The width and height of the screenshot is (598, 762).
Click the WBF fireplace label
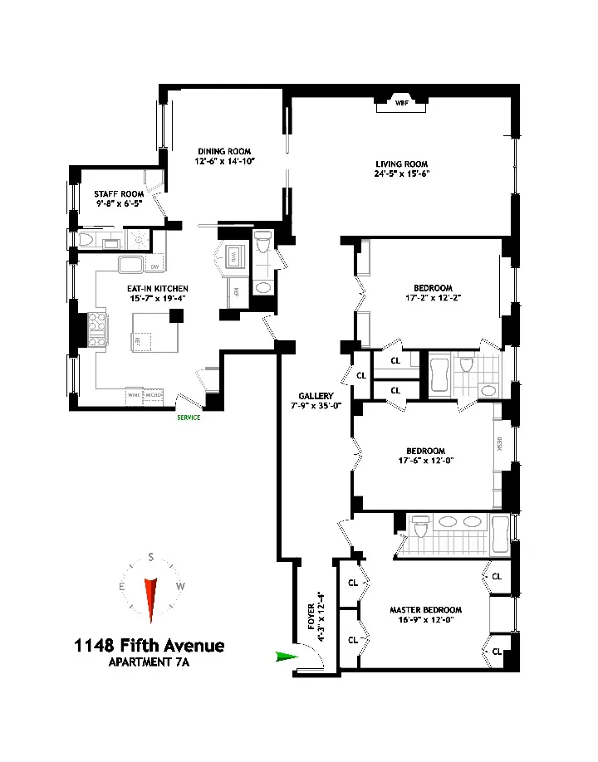pos(402,104)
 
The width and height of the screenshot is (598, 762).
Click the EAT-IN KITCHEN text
pos(135,288)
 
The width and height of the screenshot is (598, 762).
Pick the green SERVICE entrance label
pos(188,418)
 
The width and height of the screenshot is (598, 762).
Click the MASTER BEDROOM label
pos(425,610)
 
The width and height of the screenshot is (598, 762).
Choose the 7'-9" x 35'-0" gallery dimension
pos(316,407)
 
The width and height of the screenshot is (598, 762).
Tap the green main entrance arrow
pos(287,657)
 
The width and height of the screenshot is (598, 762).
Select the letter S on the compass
pos(150,559)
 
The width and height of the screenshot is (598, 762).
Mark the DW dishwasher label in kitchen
pos(154,266)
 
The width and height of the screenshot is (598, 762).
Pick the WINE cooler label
pos(134,395)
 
